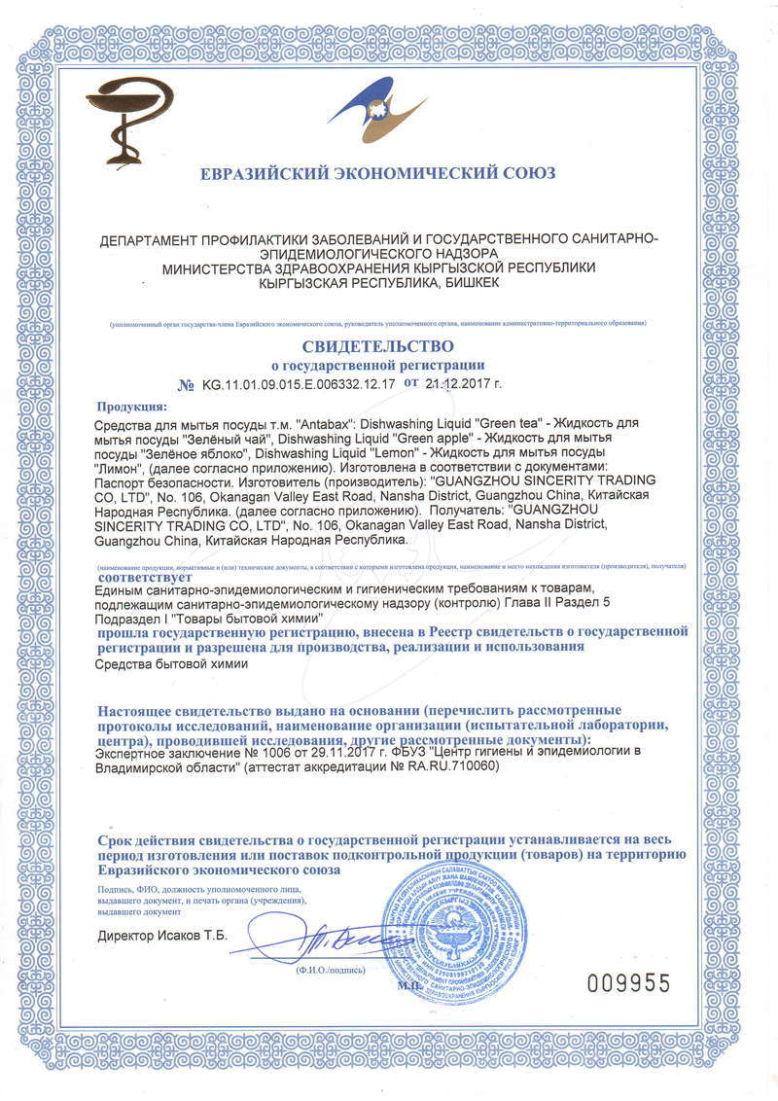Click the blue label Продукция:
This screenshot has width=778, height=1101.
click(x=132, y=407)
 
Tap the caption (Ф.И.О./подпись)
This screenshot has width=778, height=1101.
click(x=331, y=970)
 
